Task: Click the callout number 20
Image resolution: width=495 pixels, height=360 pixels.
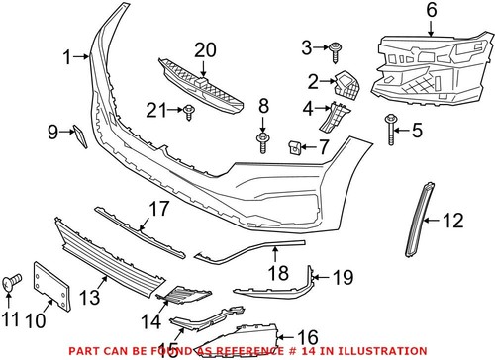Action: click(x=205, y=48)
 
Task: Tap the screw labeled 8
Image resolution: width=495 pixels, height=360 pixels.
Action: click(x=263, y=143)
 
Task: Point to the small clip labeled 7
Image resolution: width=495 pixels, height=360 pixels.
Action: click(x=295, y=148)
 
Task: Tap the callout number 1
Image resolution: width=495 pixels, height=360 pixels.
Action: click(x=68, y=58)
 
